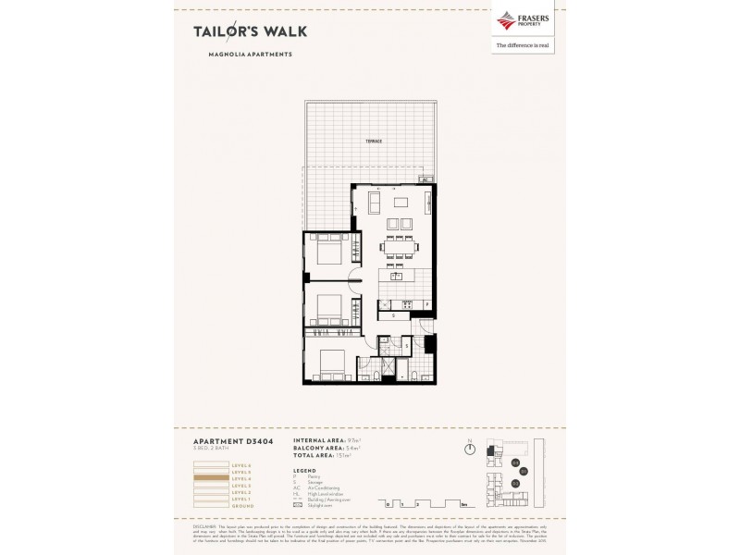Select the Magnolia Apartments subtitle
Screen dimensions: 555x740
pyautogui.click(x=250, y=55)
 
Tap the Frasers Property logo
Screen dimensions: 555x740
pyautogui.click(x=524, y=21)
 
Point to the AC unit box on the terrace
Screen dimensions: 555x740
pyautogui.click(x=425, y=179)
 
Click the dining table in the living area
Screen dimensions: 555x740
pyautogui.click(x=399, y=247)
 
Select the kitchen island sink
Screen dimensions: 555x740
pyautogui.click(x=395, y=276)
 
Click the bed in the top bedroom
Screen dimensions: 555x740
pyautogui.click(x=327, y=252)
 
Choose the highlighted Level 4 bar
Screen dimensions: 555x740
pyautogui.click(x=210, y=477)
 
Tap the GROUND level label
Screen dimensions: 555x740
pyautogui.click(x=242, y=507)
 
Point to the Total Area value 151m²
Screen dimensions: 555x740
pyautogui.click(x=337, y=454)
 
